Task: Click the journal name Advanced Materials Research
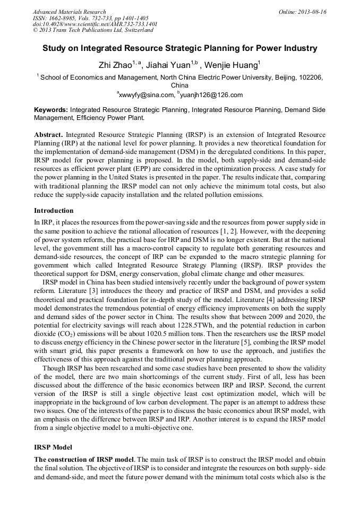click(x=69, y=12)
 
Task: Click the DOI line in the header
click(x=95, y=24)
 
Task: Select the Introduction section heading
click(x=54, y=210)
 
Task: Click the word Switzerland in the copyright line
click(x=131, y=30)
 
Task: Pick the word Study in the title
click(x=55, y=49)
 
